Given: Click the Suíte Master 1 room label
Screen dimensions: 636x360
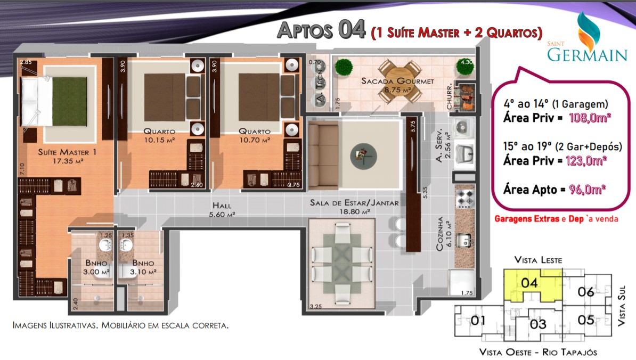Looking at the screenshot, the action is click(67, 152).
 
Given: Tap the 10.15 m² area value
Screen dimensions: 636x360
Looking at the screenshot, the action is click(159, 140).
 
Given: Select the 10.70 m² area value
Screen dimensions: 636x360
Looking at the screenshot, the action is click(255, 140).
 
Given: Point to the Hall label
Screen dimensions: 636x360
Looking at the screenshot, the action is click(222, 206).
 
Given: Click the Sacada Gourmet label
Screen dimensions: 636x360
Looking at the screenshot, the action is click(397, 81).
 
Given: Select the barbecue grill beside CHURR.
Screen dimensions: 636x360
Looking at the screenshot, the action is click(465, 97).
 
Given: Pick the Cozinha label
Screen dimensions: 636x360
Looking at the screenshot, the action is click(439, 234).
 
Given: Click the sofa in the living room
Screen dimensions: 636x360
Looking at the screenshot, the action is click(323, 156).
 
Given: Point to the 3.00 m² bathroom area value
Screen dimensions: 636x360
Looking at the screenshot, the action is click(96, 272).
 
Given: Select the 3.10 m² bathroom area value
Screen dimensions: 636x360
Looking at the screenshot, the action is click(143, 272).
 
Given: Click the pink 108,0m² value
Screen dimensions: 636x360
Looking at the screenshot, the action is click(590, 118).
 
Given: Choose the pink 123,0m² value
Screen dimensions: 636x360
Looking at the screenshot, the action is click(586, 161).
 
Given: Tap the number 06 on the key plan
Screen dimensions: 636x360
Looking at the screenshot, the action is click(586, 291).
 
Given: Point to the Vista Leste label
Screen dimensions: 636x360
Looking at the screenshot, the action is click(538, 260).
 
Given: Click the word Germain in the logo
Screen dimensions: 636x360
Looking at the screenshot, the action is click(588, 55).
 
